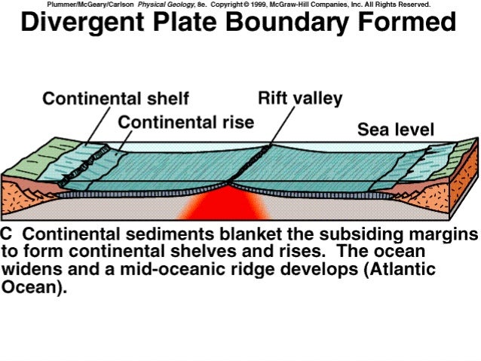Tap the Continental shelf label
click(x=115, y=99)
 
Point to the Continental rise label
click(x=186, y=121)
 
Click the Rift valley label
click(x=300, y=99)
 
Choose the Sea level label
click(x=395, y=130)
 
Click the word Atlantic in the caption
click(x=397, y=269)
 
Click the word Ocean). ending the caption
click(x=35, y=287)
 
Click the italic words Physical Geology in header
click(x=164, y=4)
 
